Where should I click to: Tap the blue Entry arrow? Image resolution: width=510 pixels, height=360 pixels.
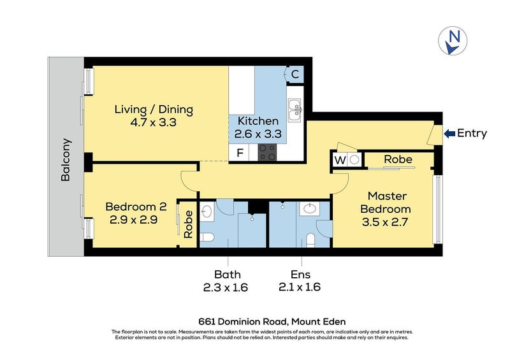pyautogui.click(x=449, y=133)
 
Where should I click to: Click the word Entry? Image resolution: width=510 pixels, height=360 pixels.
pyautogui.click(x=472, y=133)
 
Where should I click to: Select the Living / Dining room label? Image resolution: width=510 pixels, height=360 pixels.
pyautogui.click(x=154, y=109)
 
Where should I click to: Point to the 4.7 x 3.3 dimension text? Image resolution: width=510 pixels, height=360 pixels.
pyautogui.click(x=154, y=122)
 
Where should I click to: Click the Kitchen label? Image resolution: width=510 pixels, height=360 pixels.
pyautogui.click(x=258, y=121)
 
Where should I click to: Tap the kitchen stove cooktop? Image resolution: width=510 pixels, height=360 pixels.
pyautogui.click(x=267, y=152)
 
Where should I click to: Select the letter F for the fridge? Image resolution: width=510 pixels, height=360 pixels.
pyautogui.click(x=240, y=153)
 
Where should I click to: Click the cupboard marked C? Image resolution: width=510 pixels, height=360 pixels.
pyautogui.click(x=295, y=74)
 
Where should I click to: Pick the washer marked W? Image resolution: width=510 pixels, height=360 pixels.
pyautogui.click(x=339, y=159)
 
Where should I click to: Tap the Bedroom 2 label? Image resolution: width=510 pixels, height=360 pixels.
pyautogui.click(x=136, y=206)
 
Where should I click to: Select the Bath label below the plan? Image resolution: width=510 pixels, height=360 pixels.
pyautogui.click(x=227, y=275)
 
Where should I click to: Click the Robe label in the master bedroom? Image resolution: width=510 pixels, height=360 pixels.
pyautogui.click(x=397, y=159)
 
